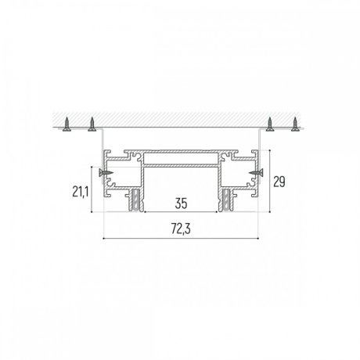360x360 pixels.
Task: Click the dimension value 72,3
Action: pos(181,229)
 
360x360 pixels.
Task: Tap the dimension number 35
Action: pos(181,203)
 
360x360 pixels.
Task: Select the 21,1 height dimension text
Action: pos(81,192)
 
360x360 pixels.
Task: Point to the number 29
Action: pos(279,182)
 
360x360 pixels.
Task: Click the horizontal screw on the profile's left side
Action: pos(106,172)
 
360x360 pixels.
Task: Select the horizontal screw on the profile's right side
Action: pos(256,172)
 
